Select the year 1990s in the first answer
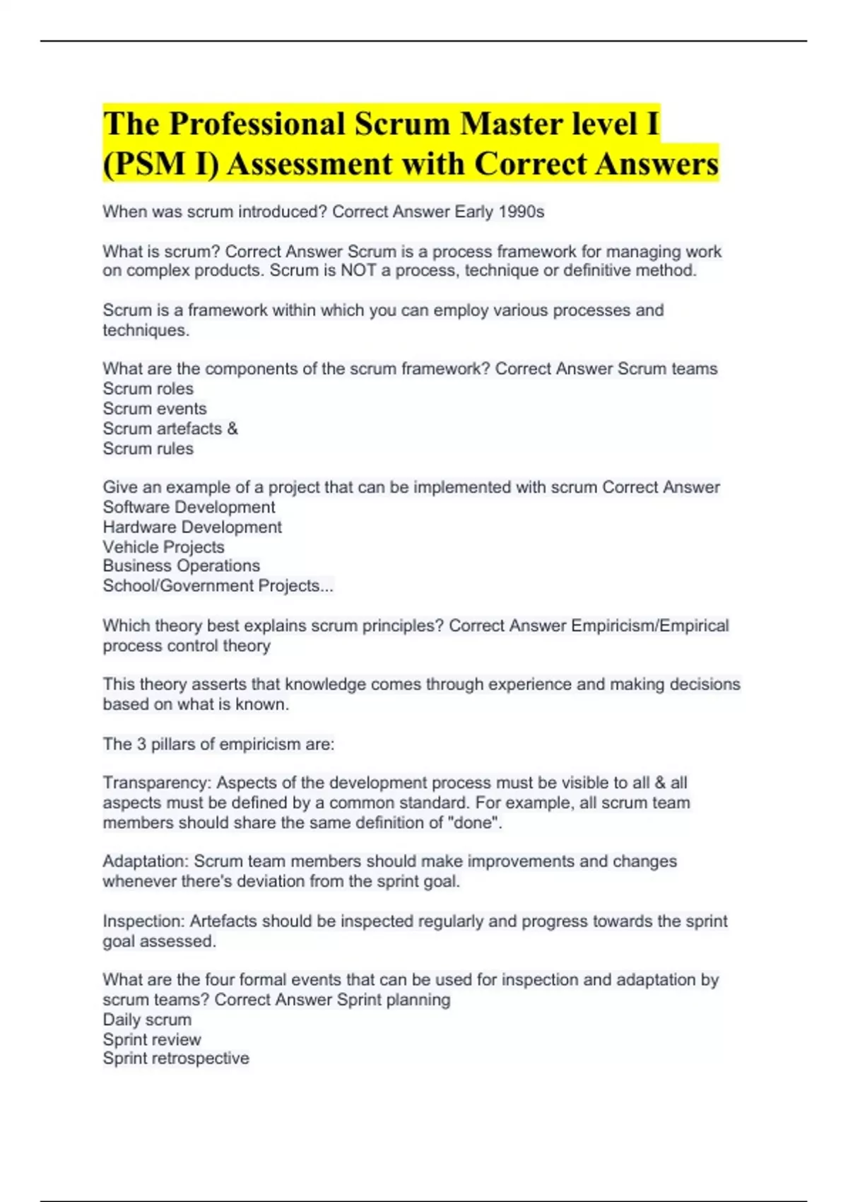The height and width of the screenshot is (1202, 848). tap(522, 211)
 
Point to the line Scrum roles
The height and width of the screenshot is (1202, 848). tap(148, 388)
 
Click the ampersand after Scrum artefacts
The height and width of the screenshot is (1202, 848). tap(232, 428)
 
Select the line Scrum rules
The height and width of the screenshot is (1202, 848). tap(148, 448)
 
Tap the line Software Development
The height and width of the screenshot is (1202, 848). tap(189, 507)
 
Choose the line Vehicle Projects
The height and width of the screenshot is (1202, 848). tap(163, 547)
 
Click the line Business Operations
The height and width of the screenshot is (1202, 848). tap(181, 566)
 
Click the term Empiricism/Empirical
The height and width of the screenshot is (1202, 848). tap(649, 626)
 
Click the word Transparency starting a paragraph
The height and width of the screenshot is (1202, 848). tap(156, 783)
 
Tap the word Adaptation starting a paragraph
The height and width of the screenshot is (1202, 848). tap(145, 861)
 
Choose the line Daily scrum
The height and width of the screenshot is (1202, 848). tap(147, 1020)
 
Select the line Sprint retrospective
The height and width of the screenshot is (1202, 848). tap(176, 1058)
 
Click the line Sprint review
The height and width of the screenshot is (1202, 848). tap(152, 1039)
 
